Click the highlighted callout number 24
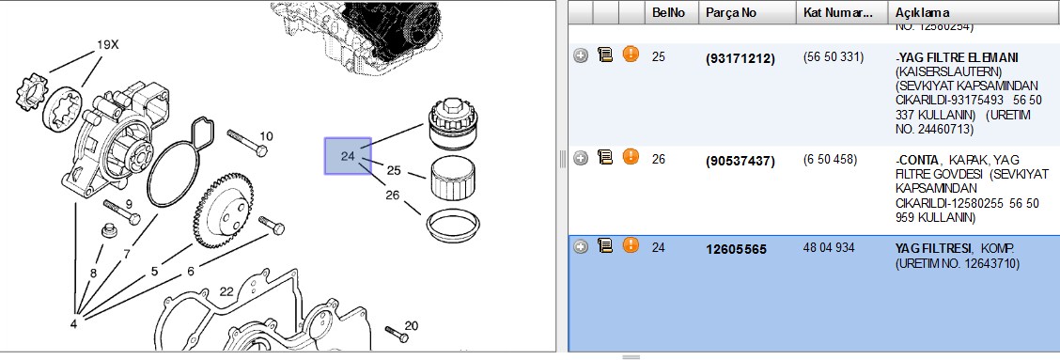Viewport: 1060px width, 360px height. (x=348, y=156)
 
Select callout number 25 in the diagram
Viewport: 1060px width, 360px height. (x=394, y=170)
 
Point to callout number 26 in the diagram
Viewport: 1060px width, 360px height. (x=393, y=196)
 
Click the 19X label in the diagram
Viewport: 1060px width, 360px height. (x=107, y=45)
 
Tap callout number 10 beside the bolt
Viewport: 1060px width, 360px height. (x=266, y=136)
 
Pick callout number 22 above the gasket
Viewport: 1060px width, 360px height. (x=226, y=291)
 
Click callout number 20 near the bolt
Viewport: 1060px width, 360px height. (x=412, y=325)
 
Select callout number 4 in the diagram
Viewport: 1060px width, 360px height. (x=73, y=323)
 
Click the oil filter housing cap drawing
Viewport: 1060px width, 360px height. (x=454, y=124)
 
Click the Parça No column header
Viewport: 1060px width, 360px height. (x=731, y=13)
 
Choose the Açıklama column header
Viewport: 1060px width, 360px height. (x=922, y=13)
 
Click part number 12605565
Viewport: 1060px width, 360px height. (x=736, y=250)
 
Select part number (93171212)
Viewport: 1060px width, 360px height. (x=740, y=59)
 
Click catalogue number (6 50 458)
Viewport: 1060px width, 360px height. (x=830, y=160)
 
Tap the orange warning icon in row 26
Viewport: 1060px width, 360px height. (x=631, y=157)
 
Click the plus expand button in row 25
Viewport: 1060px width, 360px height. (x=581, y=56)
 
